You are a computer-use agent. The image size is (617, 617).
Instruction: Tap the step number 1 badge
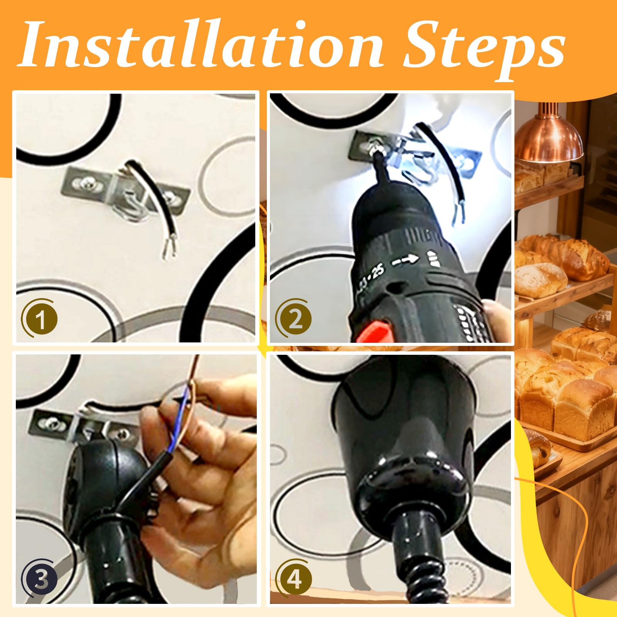[x=39, y=319]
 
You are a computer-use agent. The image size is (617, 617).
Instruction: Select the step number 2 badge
[x=294, y=319]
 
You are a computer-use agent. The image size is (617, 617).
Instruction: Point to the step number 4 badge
[x=294, y=578]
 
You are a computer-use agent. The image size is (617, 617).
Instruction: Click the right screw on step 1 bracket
[x=170, y=197]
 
